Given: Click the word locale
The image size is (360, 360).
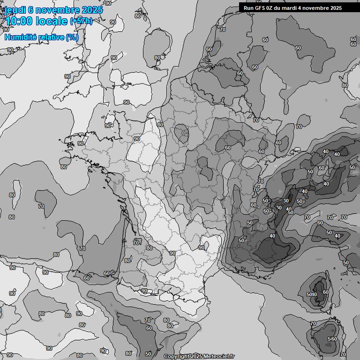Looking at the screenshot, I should point(55,21).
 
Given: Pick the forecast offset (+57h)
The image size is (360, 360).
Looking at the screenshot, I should point(82,21).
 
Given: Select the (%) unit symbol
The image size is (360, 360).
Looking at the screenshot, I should point(72,37).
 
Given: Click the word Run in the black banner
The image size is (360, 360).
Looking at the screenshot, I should point(248,8).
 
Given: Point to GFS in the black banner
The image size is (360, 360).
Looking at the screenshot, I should point(259,8).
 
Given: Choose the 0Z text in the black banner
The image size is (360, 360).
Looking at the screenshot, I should point(270,8).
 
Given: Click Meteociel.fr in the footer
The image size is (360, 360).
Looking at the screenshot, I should point(219,356).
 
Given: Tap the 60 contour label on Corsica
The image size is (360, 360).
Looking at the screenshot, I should point(326,292).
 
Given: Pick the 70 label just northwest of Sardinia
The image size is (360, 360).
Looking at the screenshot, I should point(313,323).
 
